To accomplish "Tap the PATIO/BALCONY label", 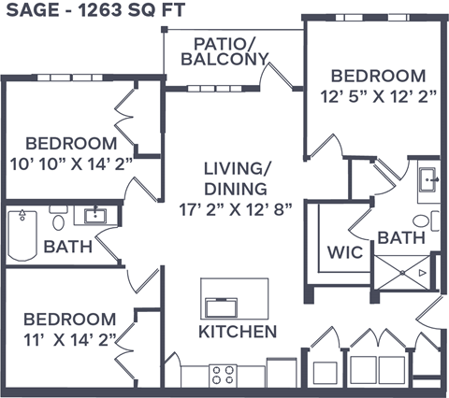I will click(231, 51).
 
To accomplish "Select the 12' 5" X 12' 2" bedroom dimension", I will click(379, 95).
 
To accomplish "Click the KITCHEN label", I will click(237, 332).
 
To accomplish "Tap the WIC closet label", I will click(342, 252).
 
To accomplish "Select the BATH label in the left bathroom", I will click(67, 248).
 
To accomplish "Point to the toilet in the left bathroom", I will click(58, 221).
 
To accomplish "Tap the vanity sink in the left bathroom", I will click(95, 216).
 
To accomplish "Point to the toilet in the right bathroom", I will click(422, 221).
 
